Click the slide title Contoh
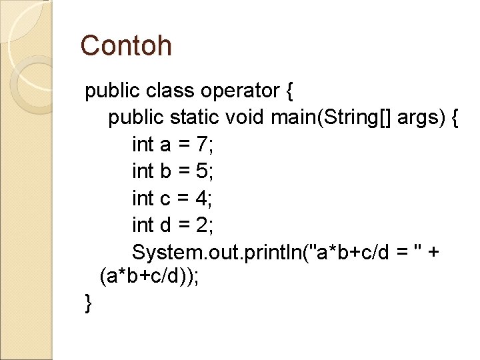[x=126, y=46]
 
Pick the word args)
[x=421, y=118]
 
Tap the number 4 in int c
[x=203, y=198]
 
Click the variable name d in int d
[x=167, y=225]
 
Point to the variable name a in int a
[x=167, y=144]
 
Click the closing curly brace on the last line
[x=89, y=303]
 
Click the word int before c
[x=143, y=198]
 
